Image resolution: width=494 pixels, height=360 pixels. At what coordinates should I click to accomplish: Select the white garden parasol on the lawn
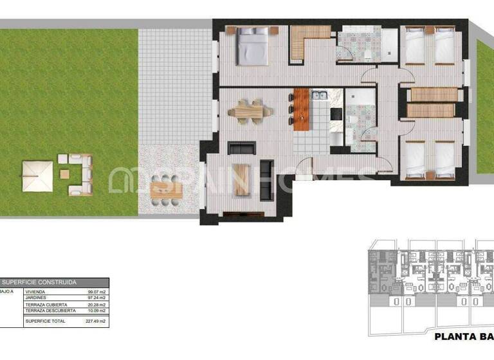[x=37, y=175]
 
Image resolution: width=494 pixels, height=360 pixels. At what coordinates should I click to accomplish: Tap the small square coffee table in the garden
[x=64, y=174]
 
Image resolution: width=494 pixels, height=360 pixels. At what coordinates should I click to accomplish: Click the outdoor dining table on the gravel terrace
[x=166, y=190]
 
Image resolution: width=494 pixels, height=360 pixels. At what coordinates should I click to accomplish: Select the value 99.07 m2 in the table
[x=96, y=292]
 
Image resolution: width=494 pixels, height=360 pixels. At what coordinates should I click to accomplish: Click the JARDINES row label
[x=35, y=298]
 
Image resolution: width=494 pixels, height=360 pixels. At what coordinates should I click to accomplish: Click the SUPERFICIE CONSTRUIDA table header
[x=39, y=282]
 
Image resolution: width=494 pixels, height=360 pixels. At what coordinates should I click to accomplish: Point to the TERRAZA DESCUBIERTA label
[x=46, y=311]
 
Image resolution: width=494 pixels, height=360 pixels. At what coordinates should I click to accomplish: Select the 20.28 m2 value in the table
[x=96, y=305]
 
